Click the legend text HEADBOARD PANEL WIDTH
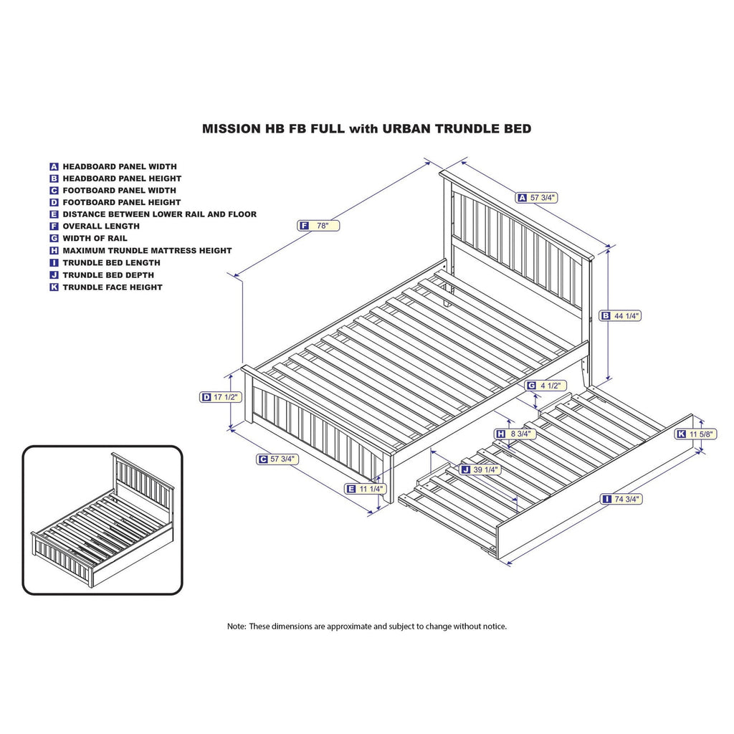point(119,166)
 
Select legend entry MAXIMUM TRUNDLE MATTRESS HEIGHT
point(147,251)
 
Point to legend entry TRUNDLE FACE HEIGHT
point(112,287)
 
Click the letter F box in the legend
point(54,227)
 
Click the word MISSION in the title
point(231,129)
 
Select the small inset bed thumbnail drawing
point(102,520)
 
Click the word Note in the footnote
point(237,626)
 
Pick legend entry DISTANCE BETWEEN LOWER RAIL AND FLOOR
point(159,214)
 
